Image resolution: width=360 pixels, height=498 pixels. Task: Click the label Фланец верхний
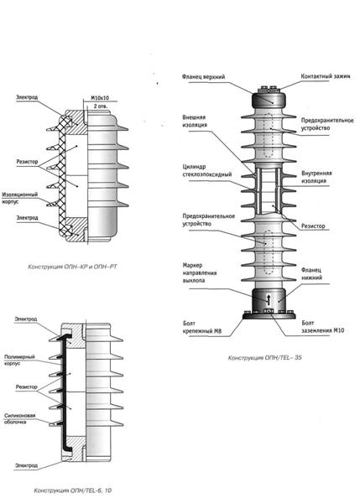click(203, 77)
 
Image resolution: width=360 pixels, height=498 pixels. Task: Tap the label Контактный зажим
click(326, 76)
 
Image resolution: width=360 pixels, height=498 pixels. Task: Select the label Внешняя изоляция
click(195, 121)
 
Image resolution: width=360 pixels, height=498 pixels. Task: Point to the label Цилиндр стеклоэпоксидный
click(207, 170)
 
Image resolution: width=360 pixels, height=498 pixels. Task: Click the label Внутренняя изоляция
click(316, 177)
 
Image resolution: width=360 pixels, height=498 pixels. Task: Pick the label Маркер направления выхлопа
click(200, 272)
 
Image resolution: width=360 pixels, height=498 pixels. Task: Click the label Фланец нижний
click(311, 274)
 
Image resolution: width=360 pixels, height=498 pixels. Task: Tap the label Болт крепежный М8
click(202, 328)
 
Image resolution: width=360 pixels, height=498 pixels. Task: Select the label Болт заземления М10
click(322, 327)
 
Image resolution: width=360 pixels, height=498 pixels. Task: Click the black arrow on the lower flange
click(268, 298)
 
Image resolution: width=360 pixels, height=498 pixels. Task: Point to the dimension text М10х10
click(100, 98)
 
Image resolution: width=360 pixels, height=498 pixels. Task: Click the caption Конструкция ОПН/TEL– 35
click(264, 358)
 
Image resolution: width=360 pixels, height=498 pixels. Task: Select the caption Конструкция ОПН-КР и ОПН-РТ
click(72, 267)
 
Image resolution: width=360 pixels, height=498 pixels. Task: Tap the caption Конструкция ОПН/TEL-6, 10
click(72, 490)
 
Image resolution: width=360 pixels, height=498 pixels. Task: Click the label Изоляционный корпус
click(19, 198)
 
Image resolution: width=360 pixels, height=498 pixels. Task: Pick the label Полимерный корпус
click(19, 361)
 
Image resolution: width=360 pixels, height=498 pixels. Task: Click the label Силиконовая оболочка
click(19, 419)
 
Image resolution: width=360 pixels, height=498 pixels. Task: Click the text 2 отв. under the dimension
click(101, 106)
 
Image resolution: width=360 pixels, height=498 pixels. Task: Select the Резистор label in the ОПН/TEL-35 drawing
click(313, 226)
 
